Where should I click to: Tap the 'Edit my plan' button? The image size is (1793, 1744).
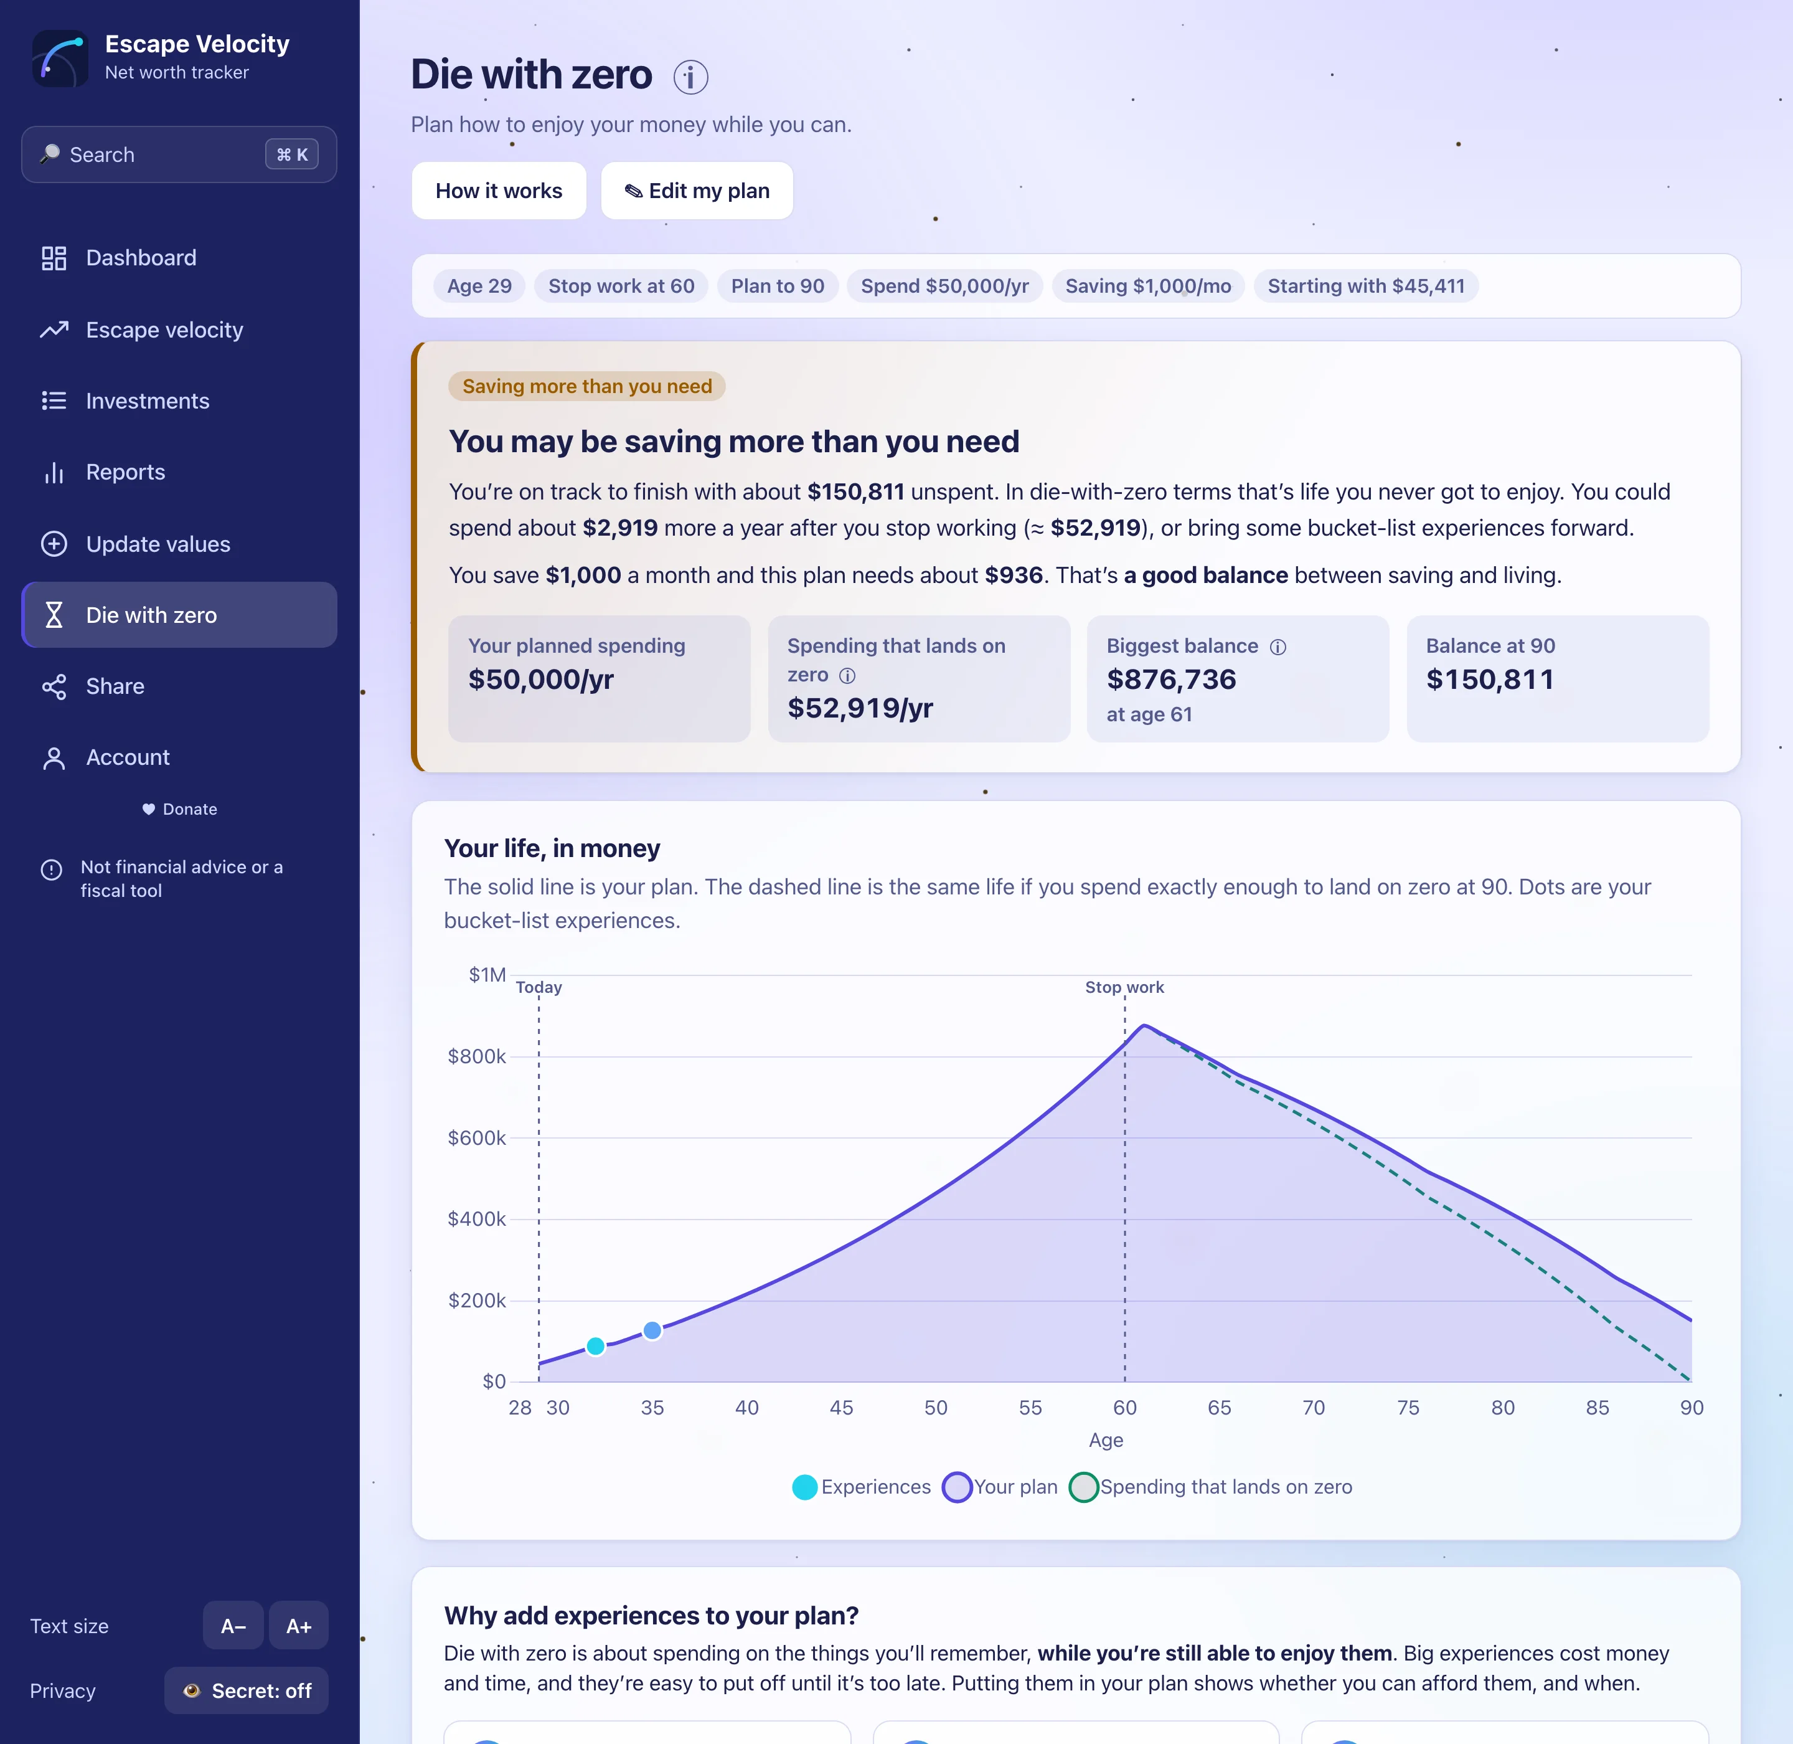697,191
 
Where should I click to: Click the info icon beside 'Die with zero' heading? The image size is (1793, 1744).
690,77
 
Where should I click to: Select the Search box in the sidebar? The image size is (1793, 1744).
179,155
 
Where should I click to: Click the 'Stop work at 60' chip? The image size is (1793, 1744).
621,286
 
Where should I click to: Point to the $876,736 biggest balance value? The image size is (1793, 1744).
1171,680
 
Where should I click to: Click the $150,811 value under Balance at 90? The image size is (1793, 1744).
1490,680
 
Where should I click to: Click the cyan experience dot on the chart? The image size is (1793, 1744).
595,1345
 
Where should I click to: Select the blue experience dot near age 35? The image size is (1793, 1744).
652,1330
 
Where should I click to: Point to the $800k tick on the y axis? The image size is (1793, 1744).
476,1056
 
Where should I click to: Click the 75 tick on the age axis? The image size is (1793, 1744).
1408,1408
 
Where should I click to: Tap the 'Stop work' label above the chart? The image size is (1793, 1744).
1124,987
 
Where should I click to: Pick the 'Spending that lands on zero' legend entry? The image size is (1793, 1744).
1211,1487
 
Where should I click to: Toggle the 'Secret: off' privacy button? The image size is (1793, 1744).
247,1691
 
